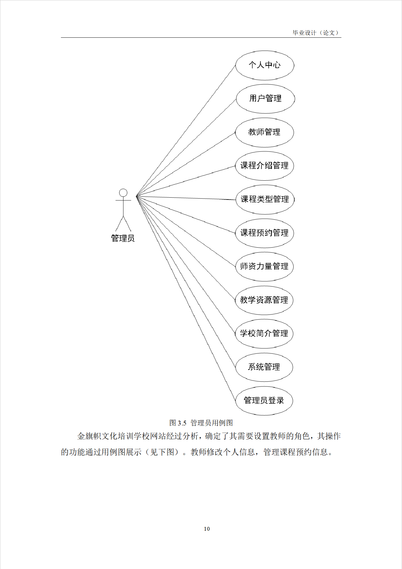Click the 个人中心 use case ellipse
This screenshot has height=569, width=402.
pyautogui.click(x=264, y=65)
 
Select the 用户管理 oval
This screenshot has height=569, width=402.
pyautogui.click(x=265, y=99)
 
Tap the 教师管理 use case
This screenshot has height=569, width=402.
pyautogui.click(x=264, y=132)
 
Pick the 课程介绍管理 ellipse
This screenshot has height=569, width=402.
pyautogui.click(x=264, y=166)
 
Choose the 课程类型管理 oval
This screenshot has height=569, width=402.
pyautogui.click(x=265, y=199)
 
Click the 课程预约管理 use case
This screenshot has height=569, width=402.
pyautogui.click(x=264, y=233)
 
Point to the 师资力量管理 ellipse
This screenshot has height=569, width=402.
pyautogui.click(x=264, y=266)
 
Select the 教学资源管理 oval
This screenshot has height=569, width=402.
pyautogui.click(x=264, y=300)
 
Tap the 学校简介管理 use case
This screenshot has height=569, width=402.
pyautogui.click(x=264, y=333)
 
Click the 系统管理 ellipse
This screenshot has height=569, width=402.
pyautogui.click(x=264, y=367)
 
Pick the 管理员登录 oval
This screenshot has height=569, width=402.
pyautogui.click(x=264, y=401)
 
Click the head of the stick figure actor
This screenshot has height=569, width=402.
pyautogui.click(x=123, y=193)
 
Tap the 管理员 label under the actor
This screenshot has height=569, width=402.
pyautogui.click(x=123, y=238)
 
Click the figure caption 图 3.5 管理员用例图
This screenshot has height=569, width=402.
pyautogui.click(x=201, y=423)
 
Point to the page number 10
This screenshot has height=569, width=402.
pyautogui.click(x=207, y=529)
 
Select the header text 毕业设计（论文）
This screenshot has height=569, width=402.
pyautogui.click(x=316, y=33)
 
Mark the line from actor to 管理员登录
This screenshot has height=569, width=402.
pyautogui.click(x=186, y=299)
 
